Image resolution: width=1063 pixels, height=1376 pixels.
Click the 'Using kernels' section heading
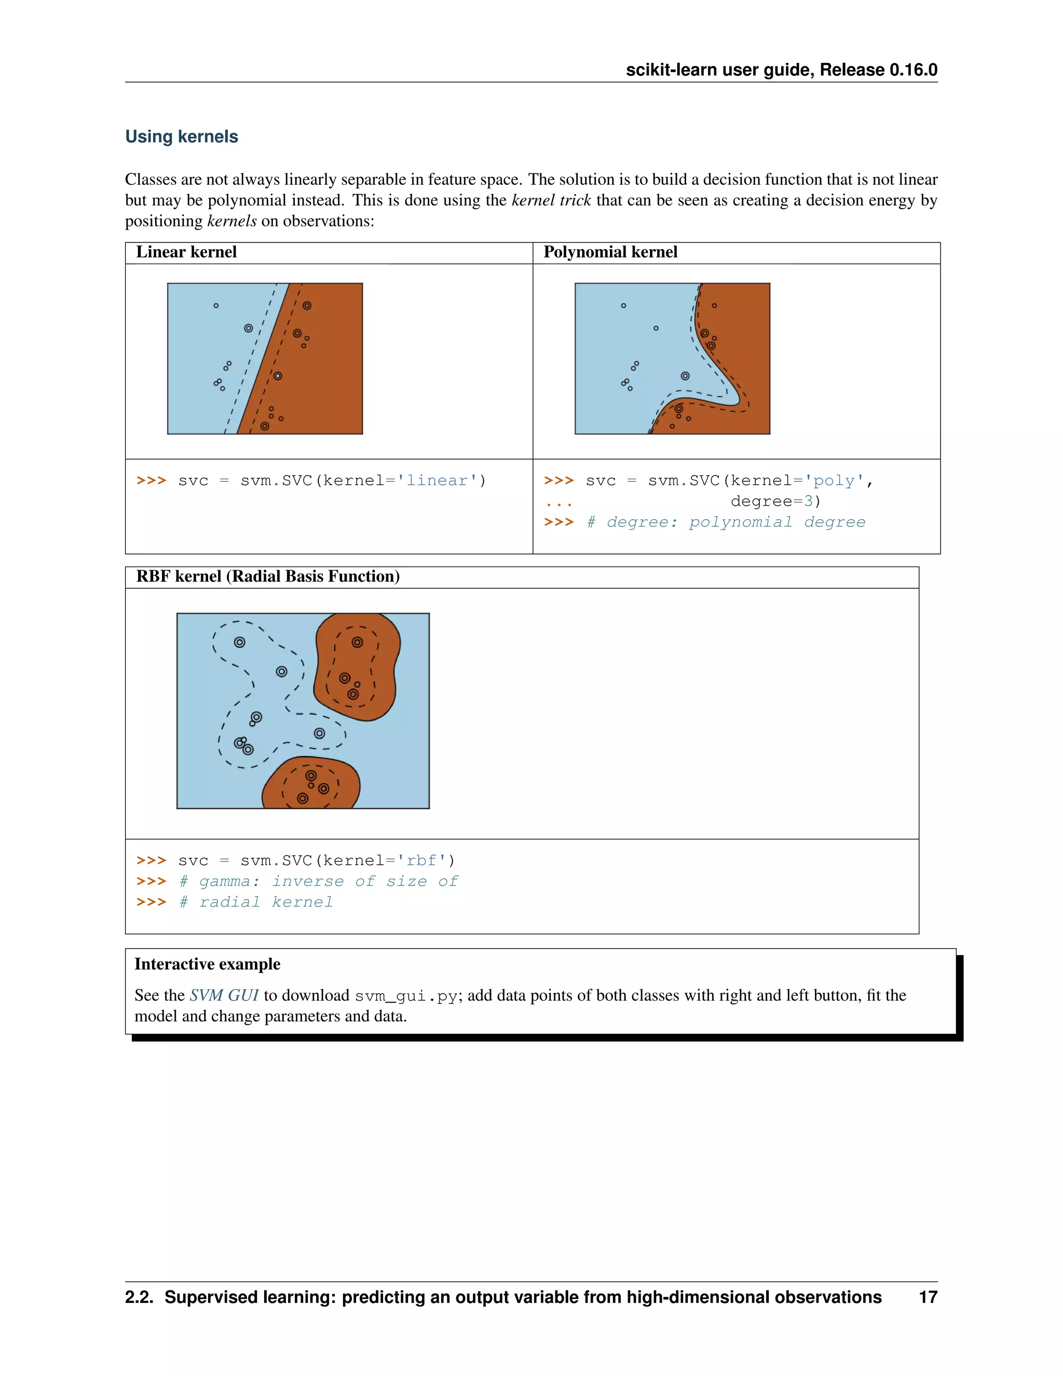coord(181,136)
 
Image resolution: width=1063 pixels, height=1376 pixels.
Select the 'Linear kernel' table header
coord(186,252)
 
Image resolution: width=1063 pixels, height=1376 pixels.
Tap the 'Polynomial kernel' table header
coord(610,252)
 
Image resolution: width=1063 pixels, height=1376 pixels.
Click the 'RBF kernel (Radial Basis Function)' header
coord(268,576)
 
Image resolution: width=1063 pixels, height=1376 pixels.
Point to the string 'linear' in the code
coord(437,481)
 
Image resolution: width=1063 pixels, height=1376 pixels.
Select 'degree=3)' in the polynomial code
coord(775,502)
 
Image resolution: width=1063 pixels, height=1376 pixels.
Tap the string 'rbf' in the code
coord(421,860)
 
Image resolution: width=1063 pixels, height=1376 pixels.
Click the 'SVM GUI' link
coord(224,995)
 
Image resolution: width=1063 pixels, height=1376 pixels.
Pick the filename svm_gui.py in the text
coord(405,996)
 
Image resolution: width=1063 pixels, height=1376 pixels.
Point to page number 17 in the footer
coord(928,1297)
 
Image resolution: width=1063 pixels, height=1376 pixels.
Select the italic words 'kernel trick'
coord(551,200)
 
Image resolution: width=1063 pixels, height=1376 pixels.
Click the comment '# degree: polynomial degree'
coord(726,522)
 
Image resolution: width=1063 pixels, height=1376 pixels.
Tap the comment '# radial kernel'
coord(256,902)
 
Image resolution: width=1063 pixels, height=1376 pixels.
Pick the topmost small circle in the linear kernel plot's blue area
coord(216,305)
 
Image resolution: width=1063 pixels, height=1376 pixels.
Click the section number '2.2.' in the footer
coord(139,1297)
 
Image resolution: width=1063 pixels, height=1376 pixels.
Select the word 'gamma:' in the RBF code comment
coord(229,882)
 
